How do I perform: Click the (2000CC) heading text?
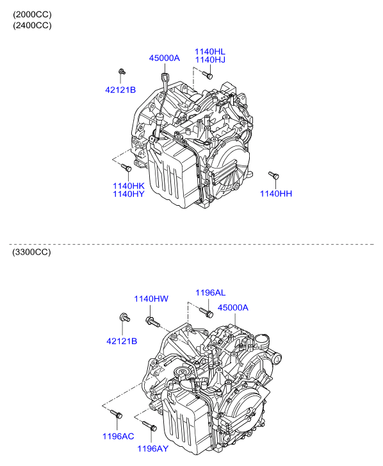32,15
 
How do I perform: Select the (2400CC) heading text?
32,25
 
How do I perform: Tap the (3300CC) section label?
31,252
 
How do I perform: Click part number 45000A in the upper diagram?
164,58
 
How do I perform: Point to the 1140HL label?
210,51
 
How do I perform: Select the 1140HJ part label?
210,60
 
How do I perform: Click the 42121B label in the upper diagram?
120,90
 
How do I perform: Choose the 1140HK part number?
129,186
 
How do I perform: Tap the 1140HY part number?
129,194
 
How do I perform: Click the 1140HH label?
276,194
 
